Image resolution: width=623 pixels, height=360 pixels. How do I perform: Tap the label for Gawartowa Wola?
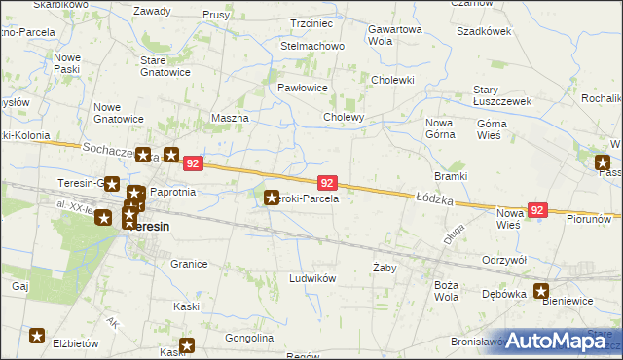point(394,36)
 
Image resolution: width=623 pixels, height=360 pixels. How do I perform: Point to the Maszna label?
point(230,118)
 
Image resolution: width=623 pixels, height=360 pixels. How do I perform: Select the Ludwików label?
point(312,278)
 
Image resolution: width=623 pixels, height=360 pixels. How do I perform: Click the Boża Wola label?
point(446,289)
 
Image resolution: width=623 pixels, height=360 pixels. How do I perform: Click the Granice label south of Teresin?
point(189,264)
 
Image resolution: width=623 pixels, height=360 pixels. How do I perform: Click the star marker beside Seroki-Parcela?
point(272,198)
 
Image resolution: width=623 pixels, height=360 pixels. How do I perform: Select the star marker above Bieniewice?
point(541,290)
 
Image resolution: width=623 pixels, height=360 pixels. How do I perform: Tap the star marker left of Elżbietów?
point(37,337)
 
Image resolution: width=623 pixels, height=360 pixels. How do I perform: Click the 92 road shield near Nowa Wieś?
point(538,209)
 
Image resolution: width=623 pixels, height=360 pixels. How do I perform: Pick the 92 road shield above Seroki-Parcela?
point(327,183)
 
